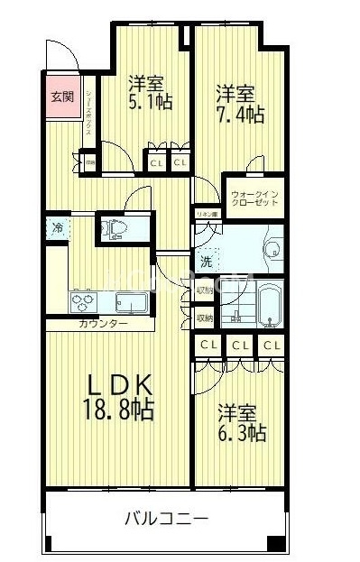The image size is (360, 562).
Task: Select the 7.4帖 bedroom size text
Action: click(239, 115)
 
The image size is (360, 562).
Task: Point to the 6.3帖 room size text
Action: click(241, 433)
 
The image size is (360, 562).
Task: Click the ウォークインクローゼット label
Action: click(254, 198)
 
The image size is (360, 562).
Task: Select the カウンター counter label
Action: click(103, 324)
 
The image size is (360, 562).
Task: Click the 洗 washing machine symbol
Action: click(207, 262)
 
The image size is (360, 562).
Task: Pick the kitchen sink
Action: click(129, 301)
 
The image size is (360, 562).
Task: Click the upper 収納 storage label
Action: click(204, 292)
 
